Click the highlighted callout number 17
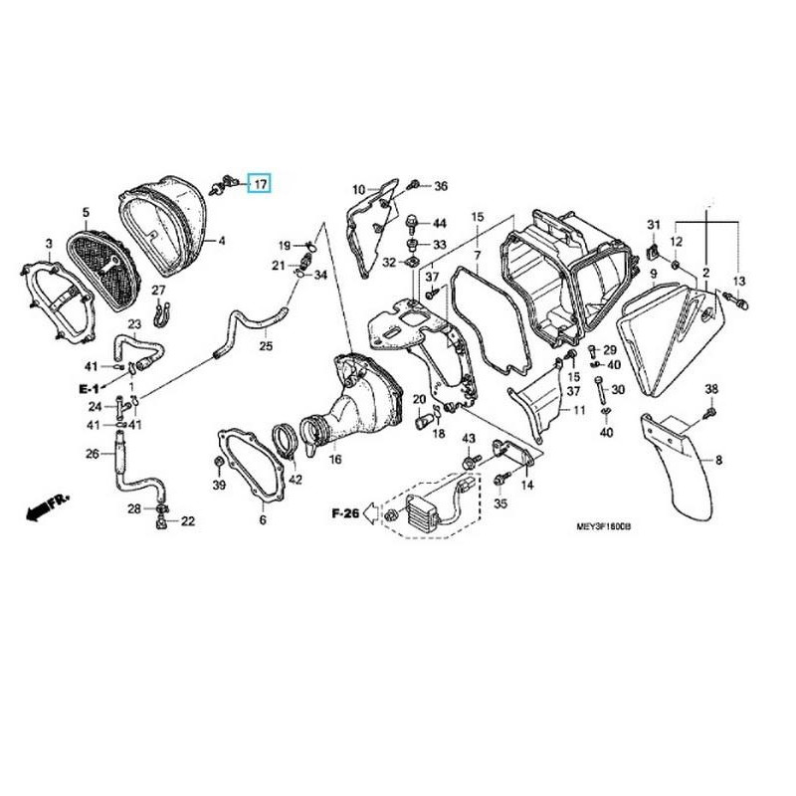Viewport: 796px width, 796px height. point(259,184)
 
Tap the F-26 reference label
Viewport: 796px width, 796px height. point(344,513)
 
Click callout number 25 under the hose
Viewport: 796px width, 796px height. point(265,346)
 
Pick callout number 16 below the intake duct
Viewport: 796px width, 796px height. point(335,460)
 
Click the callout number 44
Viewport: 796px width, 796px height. point(440,223)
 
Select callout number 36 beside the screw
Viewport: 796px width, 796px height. point(441,186)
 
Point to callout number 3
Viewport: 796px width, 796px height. point(49,244)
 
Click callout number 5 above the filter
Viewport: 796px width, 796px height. point(86,212)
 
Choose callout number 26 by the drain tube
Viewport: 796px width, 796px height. point(92,454)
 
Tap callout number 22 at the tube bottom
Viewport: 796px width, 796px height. point(187,520)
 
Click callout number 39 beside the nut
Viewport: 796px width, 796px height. point(219,484)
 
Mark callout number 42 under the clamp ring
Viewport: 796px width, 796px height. point(295,480)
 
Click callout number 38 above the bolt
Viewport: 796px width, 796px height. point(711,388)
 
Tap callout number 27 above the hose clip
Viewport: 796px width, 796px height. point(157,290)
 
